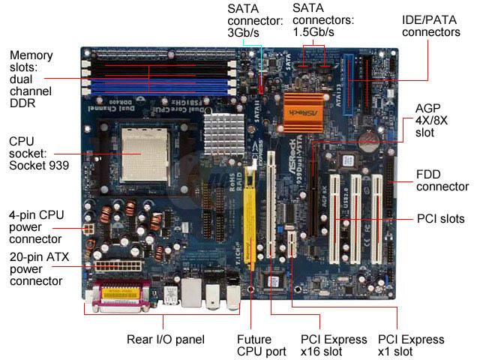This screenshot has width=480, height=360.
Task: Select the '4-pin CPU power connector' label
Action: (x=35, y=226)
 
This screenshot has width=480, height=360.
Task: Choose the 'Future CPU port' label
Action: (x=253, y=345)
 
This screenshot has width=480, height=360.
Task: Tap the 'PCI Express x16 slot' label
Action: (x=334, y=345)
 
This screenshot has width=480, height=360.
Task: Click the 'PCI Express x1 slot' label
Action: (x=411, y=345)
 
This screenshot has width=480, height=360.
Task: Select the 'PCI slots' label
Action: (x=440, y=219)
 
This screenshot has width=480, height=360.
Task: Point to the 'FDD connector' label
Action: (x=442, y=181)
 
